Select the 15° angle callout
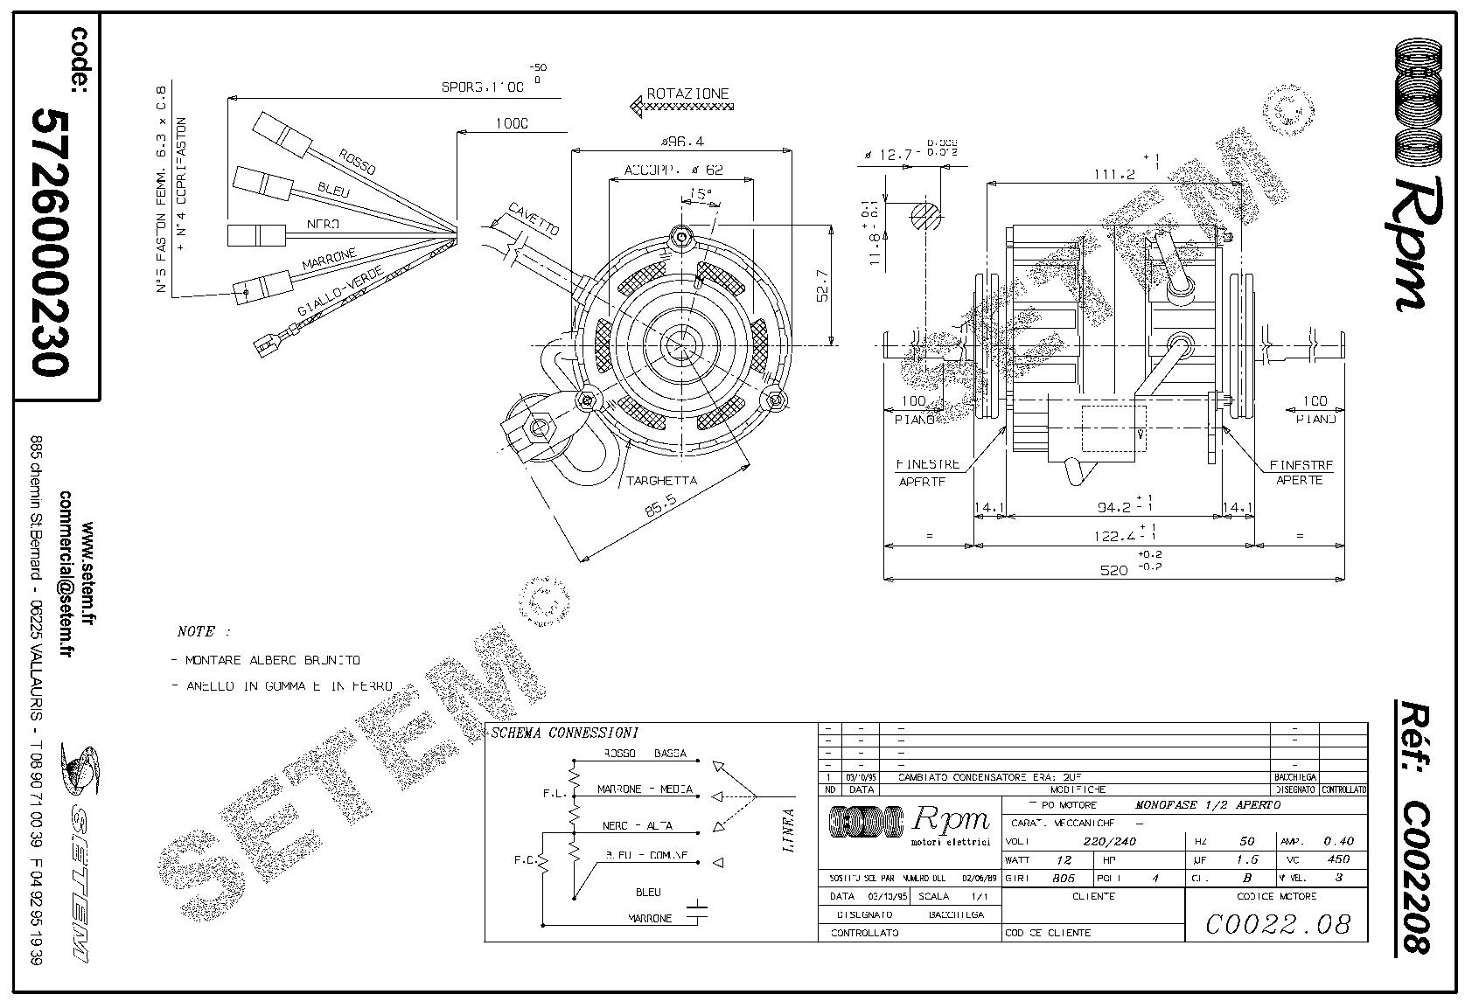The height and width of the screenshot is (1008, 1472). (x=699, y=193)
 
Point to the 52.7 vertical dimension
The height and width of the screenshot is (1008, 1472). (x=823, y=281)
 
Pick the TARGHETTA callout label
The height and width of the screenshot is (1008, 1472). (x=661, y=480)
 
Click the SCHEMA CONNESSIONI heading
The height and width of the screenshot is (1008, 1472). (x=564, y=733)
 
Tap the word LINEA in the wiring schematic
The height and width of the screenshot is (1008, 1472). (x=789, y=831)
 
